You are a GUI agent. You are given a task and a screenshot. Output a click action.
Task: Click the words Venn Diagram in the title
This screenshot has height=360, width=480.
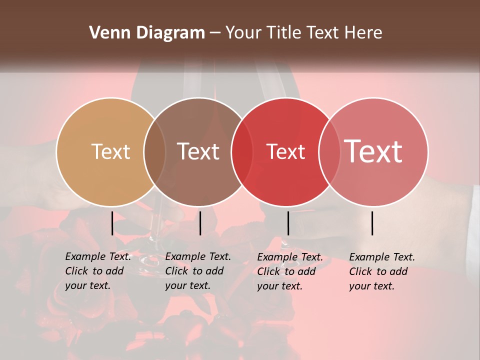click(147, 33)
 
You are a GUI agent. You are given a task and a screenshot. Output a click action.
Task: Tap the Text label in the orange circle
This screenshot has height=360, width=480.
click(110, 151)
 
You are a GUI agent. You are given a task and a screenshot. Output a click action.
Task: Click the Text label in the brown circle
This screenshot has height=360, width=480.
click(198, 151)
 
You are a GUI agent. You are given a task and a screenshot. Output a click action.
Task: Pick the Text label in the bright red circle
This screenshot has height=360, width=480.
click(285, 151)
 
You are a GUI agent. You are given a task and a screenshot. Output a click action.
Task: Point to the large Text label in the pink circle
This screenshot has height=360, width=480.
click(373, 151)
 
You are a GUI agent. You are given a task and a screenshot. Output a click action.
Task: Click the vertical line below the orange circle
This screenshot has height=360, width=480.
click(112, 223)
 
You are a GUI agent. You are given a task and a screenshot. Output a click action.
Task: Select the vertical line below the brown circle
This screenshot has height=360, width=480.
click(200, 223)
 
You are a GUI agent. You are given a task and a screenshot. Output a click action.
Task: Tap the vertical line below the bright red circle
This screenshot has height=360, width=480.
click(288, 223)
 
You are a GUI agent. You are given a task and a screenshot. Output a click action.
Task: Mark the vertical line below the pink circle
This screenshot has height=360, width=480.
click(372, 223)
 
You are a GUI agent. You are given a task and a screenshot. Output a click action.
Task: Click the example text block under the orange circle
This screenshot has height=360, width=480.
click(98, 271)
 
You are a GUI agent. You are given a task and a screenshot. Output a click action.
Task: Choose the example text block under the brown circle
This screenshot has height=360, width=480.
click(198, 271)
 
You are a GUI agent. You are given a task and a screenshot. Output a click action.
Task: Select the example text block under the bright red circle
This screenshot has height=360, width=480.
click(290, 271)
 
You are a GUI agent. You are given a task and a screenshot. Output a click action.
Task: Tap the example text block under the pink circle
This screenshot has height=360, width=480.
click(382, 271)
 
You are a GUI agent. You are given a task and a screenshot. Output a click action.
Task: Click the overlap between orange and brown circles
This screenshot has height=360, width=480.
click(154, 151)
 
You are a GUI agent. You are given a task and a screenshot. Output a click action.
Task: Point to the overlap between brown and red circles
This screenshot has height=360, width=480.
click(242, 151)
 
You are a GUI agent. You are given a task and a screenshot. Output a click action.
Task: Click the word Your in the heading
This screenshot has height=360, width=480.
click(243, 33)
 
